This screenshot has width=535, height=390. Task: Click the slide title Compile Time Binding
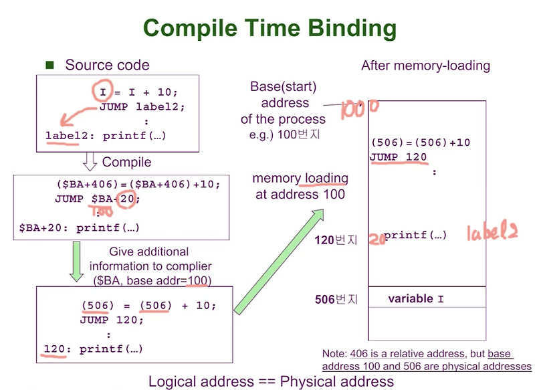pyautogui.click(x=270, y=29)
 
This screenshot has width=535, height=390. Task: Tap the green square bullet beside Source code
pyautogui.click(x=49, y=65)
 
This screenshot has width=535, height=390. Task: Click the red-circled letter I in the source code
pyautogui.click(x=103, y=91)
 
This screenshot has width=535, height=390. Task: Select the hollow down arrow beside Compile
pyautogui.click(x=90, y=161)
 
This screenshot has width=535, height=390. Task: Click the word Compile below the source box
pyautogui.click(x=126, y=162)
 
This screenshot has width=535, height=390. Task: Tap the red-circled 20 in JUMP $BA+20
pyautogui.click(x=126, y=198)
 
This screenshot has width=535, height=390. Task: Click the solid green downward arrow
pyautogui.click(x=76, y=262)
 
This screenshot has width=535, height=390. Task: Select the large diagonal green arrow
pyautogui.click(x=279, y=262)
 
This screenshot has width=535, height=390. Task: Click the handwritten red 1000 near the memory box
pyautogui.click(x=359, y=109)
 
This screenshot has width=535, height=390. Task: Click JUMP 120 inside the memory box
pyautogui.click(x=399, y=157)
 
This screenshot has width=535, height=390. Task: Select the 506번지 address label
pyautogui.click(x=336, y=299)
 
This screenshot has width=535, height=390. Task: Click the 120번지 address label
pyautogui.click(x=336, y=240)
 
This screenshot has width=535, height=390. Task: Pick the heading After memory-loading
pyautogui.click(x=425, y=66)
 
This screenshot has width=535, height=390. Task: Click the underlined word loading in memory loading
pyautogui.click(x=326, y=178)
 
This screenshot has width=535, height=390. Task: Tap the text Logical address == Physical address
pyautogui.click(x=272, y=381)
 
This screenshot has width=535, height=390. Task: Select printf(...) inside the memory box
pyautogui.click(x=415, y=235)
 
